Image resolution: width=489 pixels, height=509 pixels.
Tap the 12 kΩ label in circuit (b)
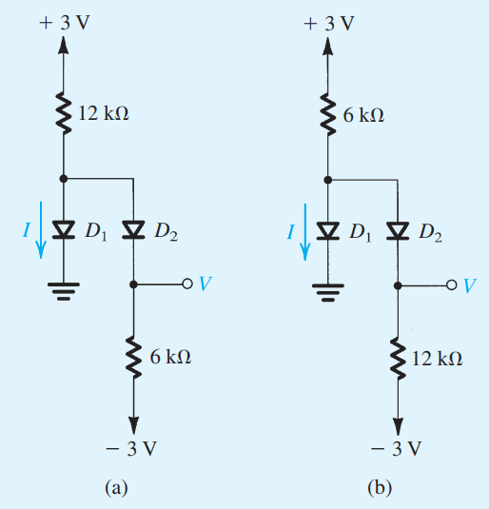[438, 358]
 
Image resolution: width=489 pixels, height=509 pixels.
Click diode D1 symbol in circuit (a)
[65, 228]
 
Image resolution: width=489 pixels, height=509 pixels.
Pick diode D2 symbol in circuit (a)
[133, 228]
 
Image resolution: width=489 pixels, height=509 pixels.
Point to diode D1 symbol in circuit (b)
[328, 228]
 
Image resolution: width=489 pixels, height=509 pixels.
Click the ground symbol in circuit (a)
[65, 289]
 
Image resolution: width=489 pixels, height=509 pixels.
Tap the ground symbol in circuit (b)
[328, 289]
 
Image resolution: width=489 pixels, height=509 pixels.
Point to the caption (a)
[115, 488]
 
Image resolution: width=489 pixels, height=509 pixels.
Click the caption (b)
[380, 488]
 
